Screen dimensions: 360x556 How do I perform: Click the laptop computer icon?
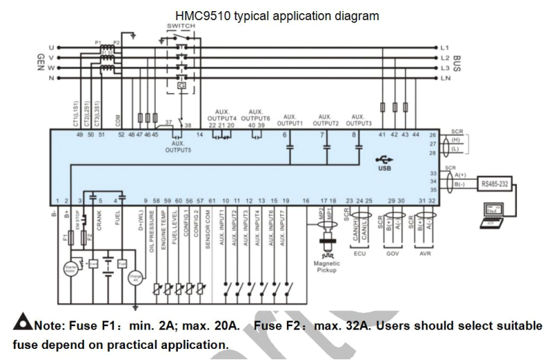496,215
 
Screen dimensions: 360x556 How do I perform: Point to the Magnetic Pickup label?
326,266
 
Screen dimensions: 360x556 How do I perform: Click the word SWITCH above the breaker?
181,26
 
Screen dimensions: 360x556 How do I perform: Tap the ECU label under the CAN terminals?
359,254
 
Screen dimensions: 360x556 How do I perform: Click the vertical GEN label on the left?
40,64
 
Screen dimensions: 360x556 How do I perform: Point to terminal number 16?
305,201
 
